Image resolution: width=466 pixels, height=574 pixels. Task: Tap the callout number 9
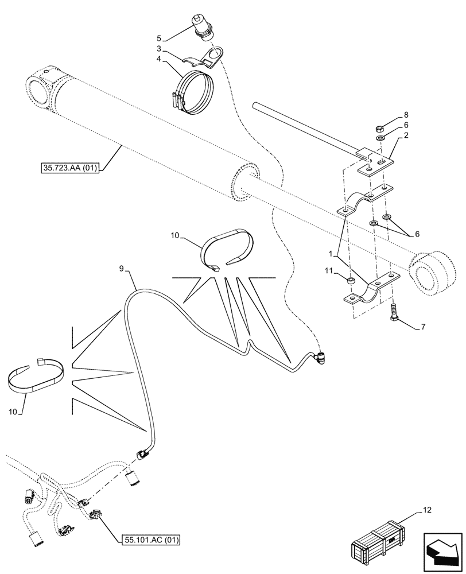click(121, 268)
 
